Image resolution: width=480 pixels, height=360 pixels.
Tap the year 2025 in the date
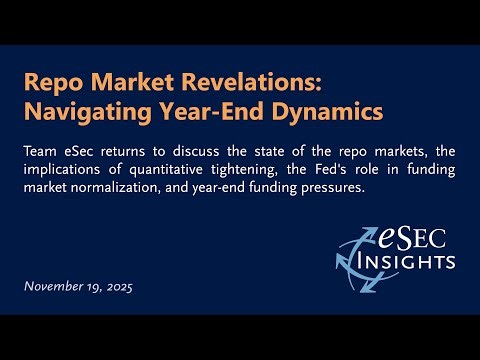118,287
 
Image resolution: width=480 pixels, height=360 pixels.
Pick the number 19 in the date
92,287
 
